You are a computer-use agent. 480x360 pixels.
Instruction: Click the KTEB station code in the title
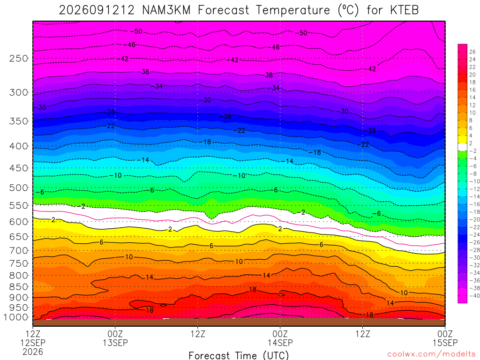point(405,10)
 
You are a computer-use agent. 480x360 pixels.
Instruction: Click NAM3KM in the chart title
point(166,10)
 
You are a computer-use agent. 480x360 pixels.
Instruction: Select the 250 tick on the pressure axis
point(19,58)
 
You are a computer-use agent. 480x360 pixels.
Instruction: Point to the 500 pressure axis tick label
point(19,187)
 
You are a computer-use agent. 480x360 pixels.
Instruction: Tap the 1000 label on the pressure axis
point(15,317)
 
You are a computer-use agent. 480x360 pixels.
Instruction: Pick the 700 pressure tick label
point(19,250)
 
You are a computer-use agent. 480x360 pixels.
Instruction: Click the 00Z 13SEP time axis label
point(115,338)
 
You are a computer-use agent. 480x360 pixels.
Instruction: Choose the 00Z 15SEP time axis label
point(445,338)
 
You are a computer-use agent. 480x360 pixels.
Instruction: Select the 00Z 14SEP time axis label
point(280,338)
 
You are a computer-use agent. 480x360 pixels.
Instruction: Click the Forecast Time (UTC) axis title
point(239,355)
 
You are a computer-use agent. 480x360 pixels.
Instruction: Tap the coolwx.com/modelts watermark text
point(431,354)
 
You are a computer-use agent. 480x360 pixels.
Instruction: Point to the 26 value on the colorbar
point(472,52)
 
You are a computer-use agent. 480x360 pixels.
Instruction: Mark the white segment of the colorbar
point(462,147)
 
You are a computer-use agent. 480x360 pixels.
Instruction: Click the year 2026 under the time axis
point(33,352)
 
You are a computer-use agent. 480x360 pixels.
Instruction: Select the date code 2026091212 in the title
point(97,10)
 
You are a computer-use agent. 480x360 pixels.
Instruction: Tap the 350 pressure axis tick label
point(19,121)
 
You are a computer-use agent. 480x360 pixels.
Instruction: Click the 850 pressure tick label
point(19,287)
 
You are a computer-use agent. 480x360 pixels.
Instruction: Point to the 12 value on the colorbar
point(472,105)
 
